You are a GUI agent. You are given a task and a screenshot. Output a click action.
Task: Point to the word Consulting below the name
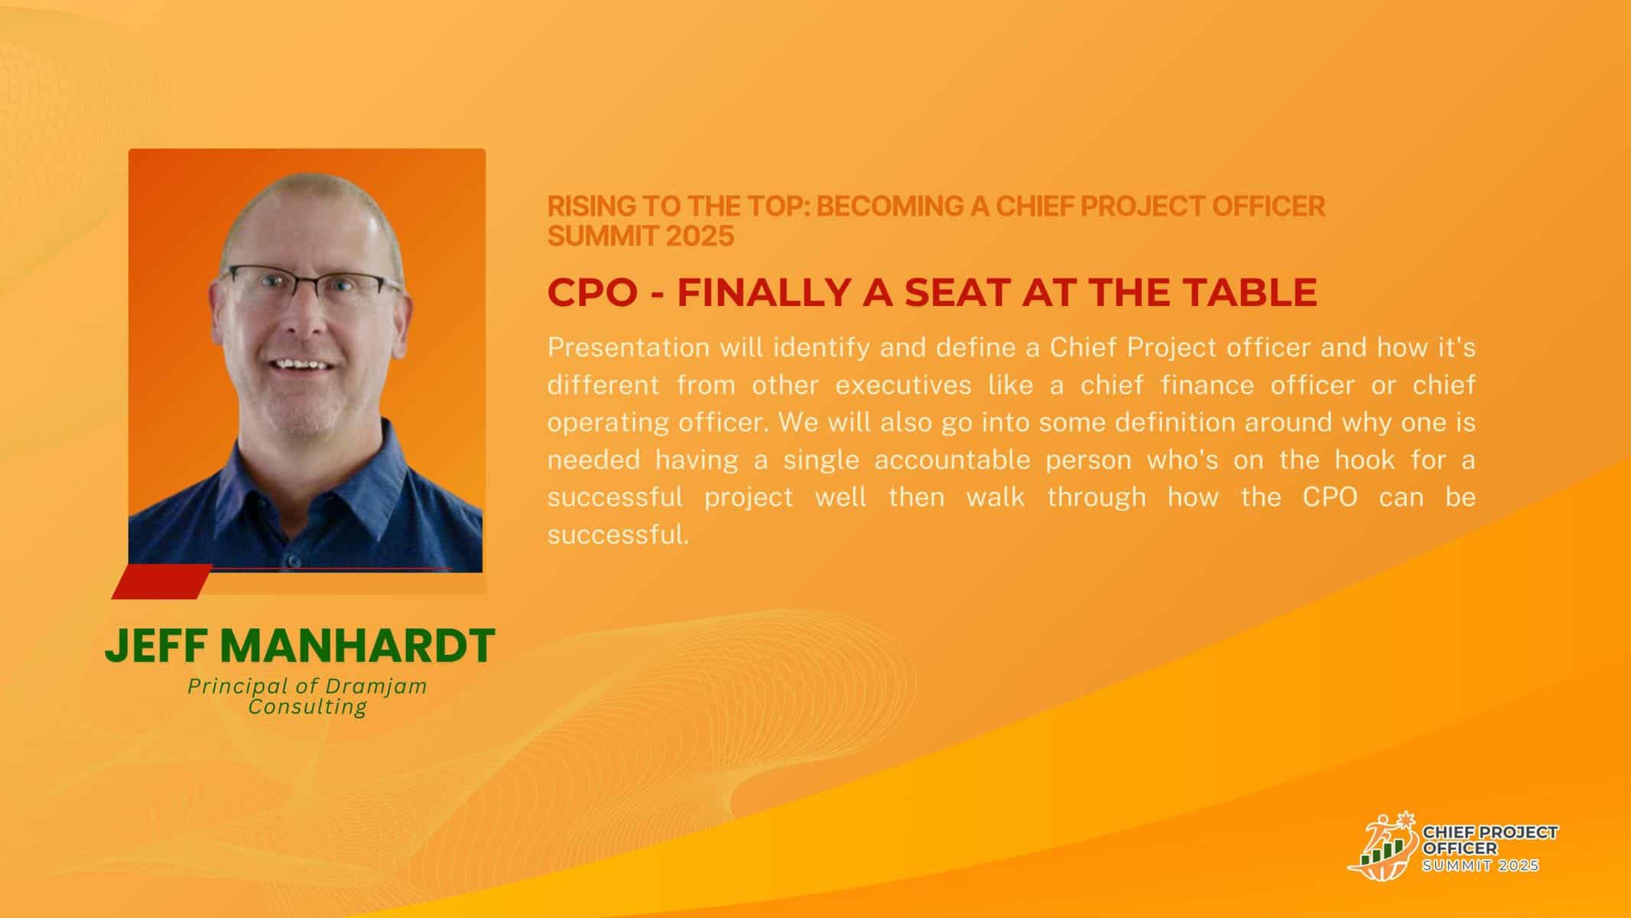tap(307, 706)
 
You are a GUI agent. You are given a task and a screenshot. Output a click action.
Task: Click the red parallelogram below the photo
tap(161, 581)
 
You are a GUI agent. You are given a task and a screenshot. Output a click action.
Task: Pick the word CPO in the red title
tap(593, 292)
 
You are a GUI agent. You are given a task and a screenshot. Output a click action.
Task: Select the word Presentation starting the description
tap(629, 348)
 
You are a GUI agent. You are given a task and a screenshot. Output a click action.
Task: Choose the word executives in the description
tap(903, 386)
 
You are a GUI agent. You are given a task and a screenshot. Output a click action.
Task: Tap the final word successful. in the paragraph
tap(619, 535)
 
